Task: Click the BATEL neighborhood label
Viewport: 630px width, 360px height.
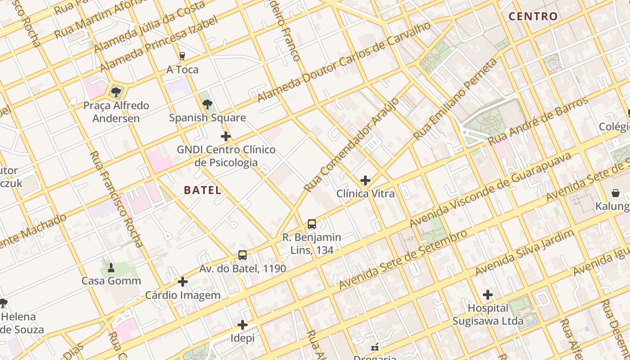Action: (202, 190)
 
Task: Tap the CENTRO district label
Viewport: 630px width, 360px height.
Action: (533, 17)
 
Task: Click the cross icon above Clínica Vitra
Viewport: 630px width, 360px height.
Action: (365, 181)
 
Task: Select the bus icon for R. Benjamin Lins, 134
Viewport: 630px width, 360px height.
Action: (311, 224)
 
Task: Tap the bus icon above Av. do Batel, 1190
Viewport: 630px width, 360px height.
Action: (243, 255)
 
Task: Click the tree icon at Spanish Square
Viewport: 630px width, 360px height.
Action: (207, 105)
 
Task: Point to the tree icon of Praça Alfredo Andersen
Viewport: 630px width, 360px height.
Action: (116, 92)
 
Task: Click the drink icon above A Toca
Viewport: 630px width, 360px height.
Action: (182, 56)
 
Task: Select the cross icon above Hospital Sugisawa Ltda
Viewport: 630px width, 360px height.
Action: (488, 295)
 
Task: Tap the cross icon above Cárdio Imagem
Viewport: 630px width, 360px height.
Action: (183, 282)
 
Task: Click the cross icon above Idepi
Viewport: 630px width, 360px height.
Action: (243, 324)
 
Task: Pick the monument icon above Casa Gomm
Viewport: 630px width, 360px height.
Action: (111, 268)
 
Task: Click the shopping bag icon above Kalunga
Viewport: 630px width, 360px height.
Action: (615, 193)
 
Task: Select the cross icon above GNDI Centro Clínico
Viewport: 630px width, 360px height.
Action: (226, 136)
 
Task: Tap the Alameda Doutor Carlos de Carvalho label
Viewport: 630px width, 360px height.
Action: (344, 63)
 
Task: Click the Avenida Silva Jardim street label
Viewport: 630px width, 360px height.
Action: (525, 252)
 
